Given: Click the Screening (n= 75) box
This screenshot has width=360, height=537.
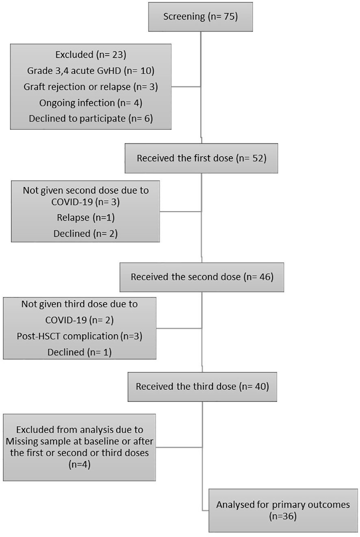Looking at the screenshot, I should tap(200, 17).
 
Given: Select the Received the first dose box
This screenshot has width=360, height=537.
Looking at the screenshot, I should tap(201, 158).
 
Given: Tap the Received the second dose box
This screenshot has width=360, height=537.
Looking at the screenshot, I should tap(202, 277).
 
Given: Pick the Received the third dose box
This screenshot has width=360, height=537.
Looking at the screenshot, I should tap(202, 387).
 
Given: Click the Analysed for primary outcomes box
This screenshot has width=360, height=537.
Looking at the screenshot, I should tap(283, 510).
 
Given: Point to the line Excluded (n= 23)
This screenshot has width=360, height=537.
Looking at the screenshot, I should tap(91, 55).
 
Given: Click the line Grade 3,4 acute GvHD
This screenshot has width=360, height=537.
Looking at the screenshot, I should tap(91, 71).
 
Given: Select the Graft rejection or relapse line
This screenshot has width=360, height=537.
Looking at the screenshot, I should tap(91, 87).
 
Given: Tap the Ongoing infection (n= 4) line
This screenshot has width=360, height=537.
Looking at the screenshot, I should tap(91, 103).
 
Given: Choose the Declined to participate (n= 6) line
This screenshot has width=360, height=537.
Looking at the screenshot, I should tap(91, 119).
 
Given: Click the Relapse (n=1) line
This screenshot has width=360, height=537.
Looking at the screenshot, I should tap(85, 217).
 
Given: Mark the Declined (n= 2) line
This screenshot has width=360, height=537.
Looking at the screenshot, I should tap(85, 234).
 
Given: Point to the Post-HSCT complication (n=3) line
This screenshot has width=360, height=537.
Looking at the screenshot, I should tap(80, 336).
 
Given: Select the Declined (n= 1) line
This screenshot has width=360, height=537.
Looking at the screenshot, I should tap(80, 352).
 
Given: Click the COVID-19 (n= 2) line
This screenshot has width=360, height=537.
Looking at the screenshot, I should tap(80, 320).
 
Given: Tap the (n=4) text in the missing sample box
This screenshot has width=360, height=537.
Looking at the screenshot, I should tap(80, 464).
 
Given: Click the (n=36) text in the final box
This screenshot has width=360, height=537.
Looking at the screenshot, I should tap(283, 516).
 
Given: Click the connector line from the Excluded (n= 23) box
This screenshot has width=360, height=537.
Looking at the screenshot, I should tap(186, 87).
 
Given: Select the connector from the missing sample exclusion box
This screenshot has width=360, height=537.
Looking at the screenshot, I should tap(179, 447).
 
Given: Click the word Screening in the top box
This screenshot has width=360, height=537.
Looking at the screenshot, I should tap(184, 17).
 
